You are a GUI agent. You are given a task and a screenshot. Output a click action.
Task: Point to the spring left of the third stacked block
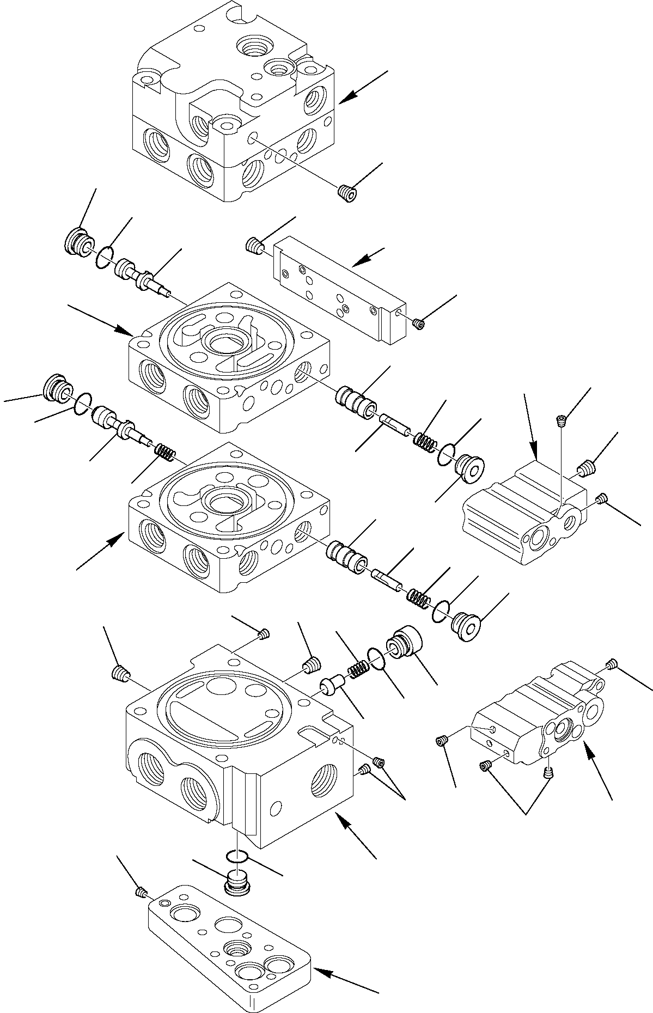click(164, 451)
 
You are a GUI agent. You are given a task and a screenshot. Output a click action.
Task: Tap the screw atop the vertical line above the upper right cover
click(560, 419)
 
